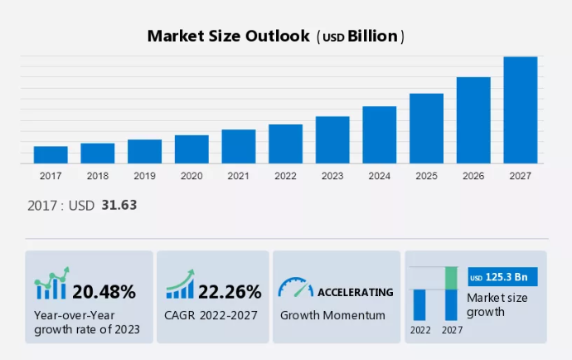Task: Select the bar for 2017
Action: pyautogui.click(x=51, y=155)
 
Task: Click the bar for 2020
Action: pyautogui.click(x=191, y=149)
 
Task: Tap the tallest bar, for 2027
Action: pyautogui.click(x=521, y=110)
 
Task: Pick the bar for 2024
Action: pyautogui.click(x=380, y=135)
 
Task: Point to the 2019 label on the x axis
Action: pyautogui.click(x=144, y=176)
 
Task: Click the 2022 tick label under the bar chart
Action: pyautogui.click(x=285, y=176)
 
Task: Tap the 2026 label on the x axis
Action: pyautogui.click(x=473, y=176)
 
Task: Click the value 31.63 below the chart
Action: pyautogui.click(x=119, y=205)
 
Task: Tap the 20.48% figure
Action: pyautogui.click(x=104, y=291)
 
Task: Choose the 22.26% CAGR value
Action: pyautogui.click(x=230, y=291)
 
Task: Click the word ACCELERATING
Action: pyautogui.click(x=356, y=292)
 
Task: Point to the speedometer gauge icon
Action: pyautogui.click(x=295, y=288)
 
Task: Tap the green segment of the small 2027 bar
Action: pyautogui.click(x=451, y=279)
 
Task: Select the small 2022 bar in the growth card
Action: pyautogui.click(x=419, y=304)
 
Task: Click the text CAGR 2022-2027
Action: pyautogui.click(x=211, y=315)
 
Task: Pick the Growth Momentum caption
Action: pyautogui.click(x=332, y=315)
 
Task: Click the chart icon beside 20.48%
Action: pyautogui.click(x=51, y=285)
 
